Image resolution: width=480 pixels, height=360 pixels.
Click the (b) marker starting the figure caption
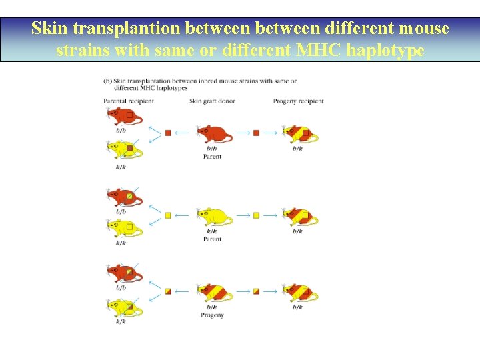tap(107, 81)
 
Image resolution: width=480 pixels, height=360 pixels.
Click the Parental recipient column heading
tap(129, 101)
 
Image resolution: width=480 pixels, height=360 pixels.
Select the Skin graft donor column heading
tap(212, 101)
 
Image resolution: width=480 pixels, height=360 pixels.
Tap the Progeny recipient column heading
tap(298, 101)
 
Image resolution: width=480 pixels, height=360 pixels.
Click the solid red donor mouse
tap(214, 134)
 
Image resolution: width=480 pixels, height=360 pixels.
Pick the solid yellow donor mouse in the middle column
tap(214, 216)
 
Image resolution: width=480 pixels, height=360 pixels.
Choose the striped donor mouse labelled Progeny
tap(214, 292)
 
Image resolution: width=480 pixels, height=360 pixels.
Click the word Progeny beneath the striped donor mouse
tap(212, 315)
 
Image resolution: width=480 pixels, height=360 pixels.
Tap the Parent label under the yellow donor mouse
tap(212, 239)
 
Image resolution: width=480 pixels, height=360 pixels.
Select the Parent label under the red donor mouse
tap(212, 157)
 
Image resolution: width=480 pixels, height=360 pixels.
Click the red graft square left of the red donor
tap(168, 133)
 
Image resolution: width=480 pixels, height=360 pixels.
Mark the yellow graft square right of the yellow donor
tap(256, 215)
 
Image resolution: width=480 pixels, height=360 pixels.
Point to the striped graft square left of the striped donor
tap(168, 291)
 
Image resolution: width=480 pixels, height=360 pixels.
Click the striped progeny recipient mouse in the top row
tap(299, 134)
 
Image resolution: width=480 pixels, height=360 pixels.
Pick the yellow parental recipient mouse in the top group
tap(125, 149)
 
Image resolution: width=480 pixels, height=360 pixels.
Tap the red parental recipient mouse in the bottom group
tap(125, 273)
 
